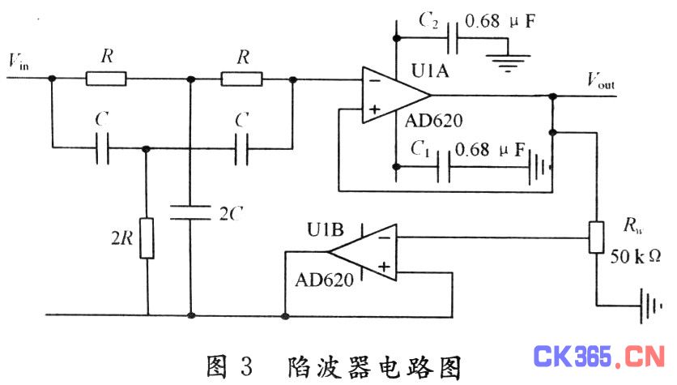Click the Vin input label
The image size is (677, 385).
coord(19,62)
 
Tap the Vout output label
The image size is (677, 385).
coord(601,80)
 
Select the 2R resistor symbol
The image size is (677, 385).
coord(147,238)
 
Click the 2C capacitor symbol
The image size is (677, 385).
coord(190,212)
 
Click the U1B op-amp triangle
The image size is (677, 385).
coord(362,252)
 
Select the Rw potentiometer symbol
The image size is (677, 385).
coord(596,237)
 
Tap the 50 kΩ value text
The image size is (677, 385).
coord(635,256)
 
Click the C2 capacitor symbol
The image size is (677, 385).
coord(453,38)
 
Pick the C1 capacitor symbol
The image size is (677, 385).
coord(444,167)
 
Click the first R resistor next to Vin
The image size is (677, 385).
coord(106,79)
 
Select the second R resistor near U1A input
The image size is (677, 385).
coord(242,79)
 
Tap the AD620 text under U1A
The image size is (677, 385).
coord(433,121)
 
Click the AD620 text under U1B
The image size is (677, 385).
coord(325,280)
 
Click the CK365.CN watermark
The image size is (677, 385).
coord(598,357)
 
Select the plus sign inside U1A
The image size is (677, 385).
coord(374,109)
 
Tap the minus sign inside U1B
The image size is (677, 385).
coord(385,237)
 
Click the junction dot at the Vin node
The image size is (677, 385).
coord(52,78)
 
